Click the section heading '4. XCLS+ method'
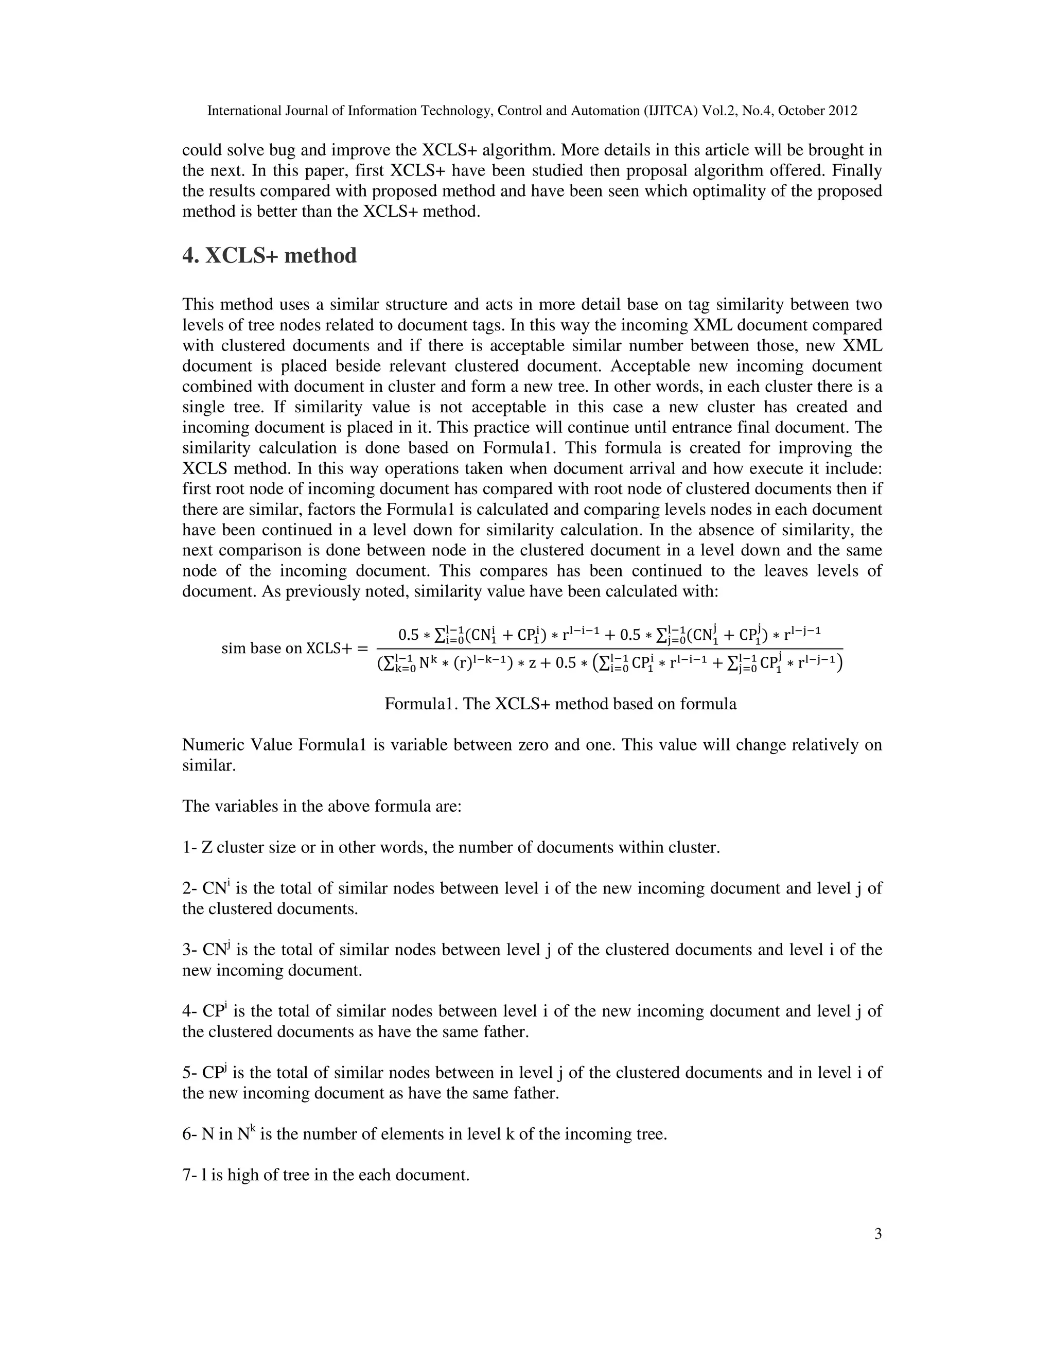(x=269, y=255)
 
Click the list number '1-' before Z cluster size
(x=189, y=848)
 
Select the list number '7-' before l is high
(x=189, y=1175)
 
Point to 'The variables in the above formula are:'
(x=322, y=806)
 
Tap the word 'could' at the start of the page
(x=200, y=150)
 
